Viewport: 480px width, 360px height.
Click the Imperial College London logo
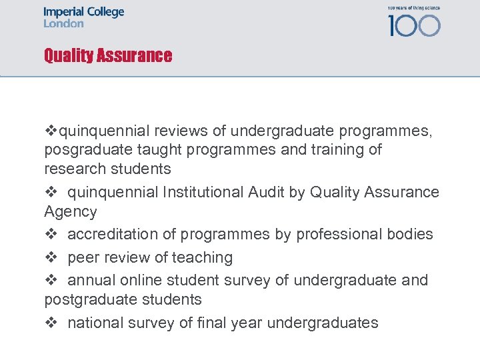[x=84, y=17]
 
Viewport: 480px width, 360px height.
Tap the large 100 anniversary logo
[x=414, y=25]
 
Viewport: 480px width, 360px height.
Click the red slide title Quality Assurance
[x=108, y=55]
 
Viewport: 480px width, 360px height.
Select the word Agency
[x=71, y=212]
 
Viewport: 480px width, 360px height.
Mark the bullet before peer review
[x=49, y=257]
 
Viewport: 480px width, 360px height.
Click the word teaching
[x=203, y=257]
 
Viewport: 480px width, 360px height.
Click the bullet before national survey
[x=49, y=323]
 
